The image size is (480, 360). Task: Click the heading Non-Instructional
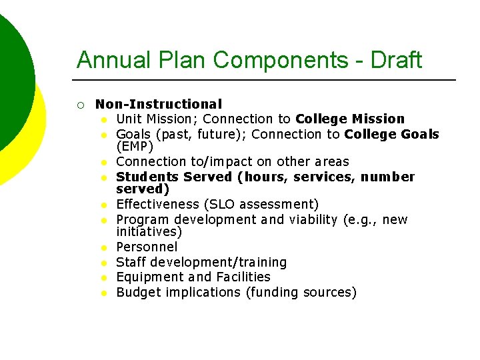[159, 104]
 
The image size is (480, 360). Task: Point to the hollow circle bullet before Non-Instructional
[81, 105]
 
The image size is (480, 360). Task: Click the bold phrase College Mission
[350, 119]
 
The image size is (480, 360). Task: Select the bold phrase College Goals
[391, 134]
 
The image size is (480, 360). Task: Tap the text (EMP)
[135, 146]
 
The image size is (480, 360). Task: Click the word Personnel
[147, 247]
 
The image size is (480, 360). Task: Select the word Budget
[137, 292]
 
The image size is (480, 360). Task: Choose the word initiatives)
[149, 232]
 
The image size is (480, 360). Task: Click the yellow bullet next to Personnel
[105, 248]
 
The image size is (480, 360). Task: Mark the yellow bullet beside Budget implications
[105, 293]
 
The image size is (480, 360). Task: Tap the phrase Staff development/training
[201, 262]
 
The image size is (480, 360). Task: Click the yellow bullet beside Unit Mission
[105, 119]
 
